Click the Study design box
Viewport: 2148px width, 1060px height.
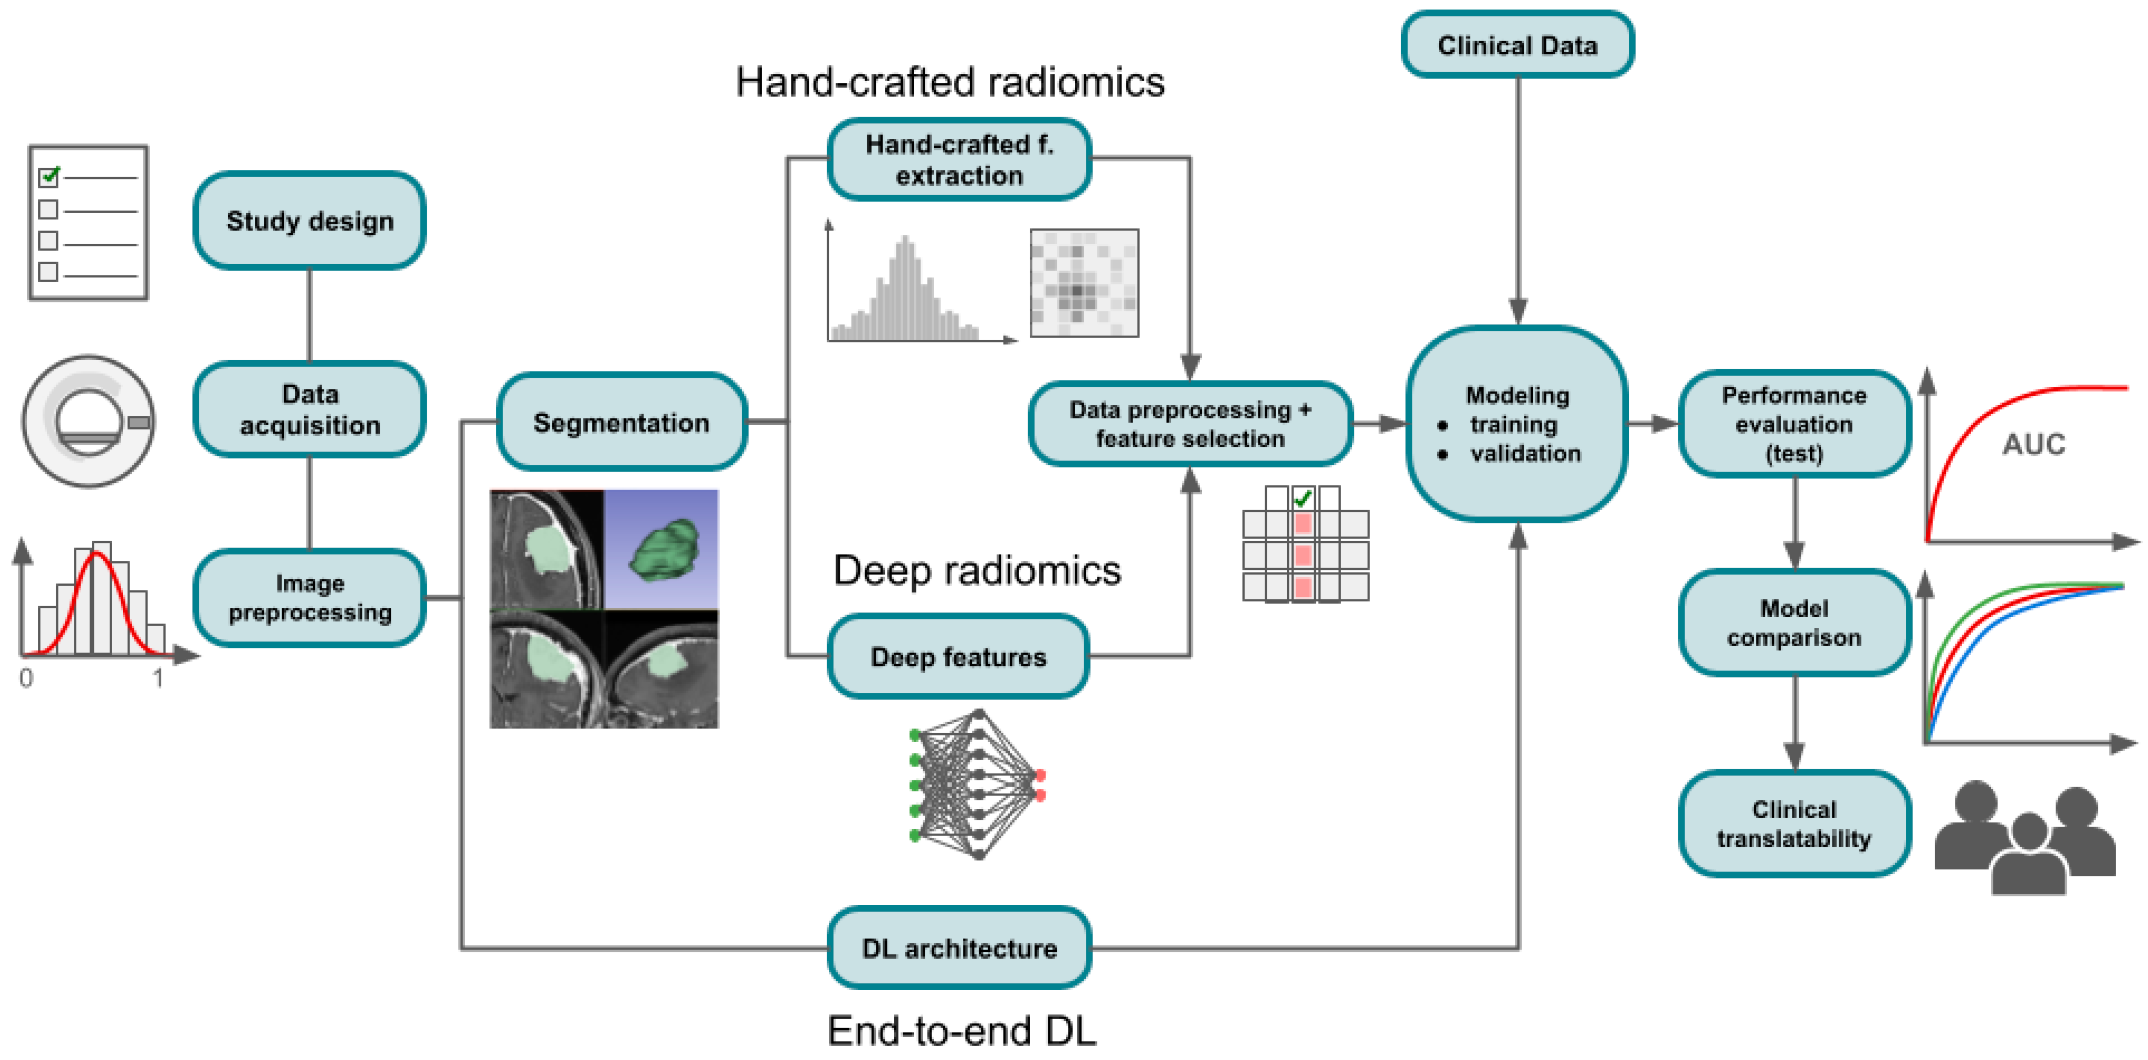309,221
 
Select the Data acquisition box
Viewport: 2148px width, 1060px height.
309,409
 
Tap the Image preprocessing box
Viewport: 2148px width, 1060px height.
309,597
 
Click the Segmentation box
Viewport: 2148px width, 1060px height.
621,422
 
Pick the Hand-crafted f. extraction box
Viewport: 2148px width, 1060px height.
959,159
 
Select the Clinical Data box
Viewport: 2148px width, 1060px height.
1517,45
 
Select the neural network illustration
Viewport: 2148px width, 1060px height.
977,784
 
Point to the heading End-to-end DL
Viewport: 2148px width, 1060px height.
961,1031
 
